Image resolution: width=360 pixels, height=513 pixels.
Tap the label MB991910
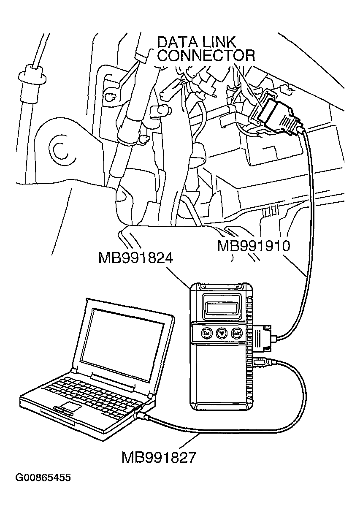[254, 246]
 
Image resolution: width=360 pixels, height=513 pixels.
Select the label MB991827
[159, 457]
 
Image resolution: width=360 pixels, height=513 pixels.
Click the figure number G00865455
[43, 478]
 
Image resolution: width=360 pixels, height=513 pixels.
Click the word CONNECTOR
[206, 56]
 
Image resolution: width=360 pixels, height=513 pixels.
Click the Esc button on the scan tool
[207, 333]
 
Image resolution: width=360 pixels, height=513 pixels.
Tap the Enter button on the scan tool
[236, 334]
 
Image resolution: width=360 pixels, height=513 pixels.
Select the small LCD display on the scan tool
[220, 304]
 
